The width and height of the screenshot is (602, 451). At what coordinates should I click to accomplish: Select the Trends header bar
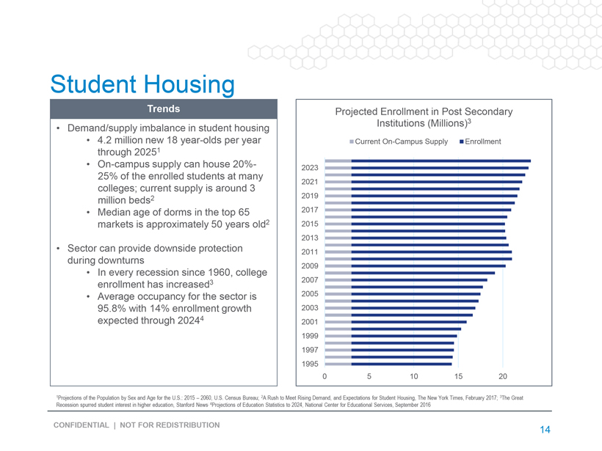[x=164, y=109]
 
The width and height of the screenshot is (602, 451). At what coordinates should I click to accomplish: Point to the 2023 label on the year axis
[x=309, y=168]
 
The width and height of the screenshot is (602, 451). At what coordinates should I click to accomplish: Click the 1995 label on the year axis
[x=309, y=364]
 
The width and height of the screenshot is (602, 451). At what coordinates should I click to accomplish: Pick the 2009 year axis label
[x=309, y=265]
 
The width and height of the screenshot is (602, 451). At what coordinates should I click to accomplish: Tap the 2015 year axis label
[x=309, y=224]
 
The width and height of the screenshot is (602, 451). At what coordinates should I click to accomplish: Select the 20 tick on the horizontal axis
[x=503, y=377]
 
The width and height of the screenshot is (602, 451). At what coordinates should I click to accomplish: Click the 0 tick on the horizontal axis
[x=324, y=377]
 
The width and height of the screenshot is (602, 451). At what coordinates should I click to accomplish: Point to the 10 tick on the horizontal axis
[x=414, y=377]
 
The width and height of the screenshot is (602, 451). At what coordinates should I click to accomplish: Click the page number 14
[x=545, y=430]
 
